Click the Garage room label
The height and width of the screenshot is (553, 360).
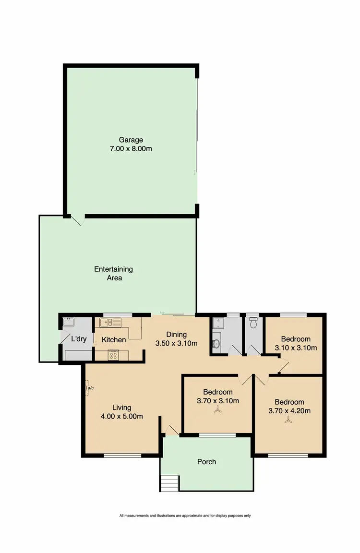tap(131, 140)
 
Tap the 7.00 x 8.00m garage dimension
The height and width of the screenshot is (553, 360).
tap(131, 149)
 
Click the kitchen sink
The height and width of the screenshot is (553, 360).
tap(107, 322)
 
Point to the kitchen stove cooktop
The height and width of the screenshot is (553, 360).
tap(114, 356)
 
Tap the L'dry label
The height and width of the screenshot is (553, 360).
tap(78, 339)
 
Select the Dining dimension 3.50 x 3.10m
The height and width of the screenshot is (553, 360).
tap(176, 343)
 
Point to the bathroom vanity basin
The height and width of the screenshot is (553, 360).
tap(216, 343)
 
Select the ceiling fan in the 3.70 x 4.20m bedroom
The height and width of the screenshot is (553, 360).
tap(289, 420)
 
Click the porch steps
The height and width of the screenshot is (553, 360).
tap(169, 481)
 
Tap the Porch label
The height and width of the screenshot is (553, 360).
tap(207, 462)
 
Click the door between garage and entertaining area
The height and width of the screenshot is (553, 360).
tap(78, 220)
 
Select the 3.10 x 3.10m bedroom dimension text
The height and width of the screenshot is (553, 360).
tap(295, 348)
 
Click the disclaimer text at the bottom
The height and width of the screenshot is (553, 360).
tap(185, 516)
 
